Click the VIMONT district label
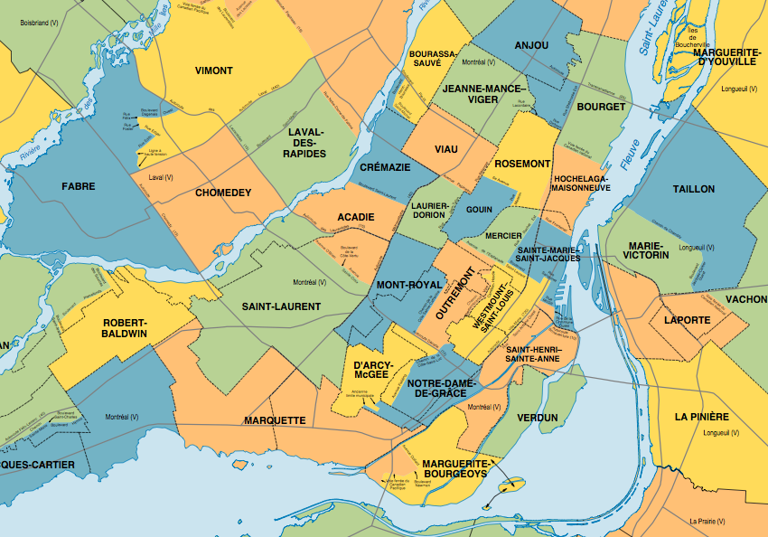(x=214, y=71)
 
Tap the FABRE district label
(x=78, y=186)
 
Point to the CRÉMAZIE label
(x=385, y=168)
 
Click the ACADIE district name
(x=355, y=218)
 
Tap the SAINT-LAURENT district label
(x=281, y=306)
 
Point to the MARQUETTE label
(x=274, y=420)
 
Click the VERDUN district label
(x=539, y=418)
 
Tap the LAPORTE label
(x=687, y=320)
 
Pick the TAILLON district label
(x=693, y=189)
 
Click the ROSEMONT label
(x=522, y=164)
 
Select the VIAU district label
(x=446, y=148)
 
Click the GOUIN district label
(x=479, y=209)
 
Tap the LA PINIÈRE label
(x=701, y=417)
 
